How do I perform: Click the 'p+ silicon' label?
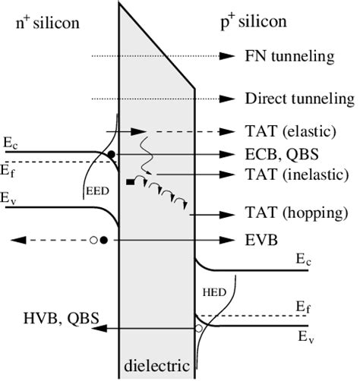coord(251,21)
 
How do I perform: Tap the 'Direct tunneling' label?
coord(299,99)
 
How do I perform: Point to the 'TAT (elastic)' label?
coord(289,131)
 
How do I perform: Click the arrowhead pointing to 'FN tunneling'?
coord(225,56)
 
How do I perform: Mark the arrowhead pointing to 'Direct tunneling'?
coord(225,99)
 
